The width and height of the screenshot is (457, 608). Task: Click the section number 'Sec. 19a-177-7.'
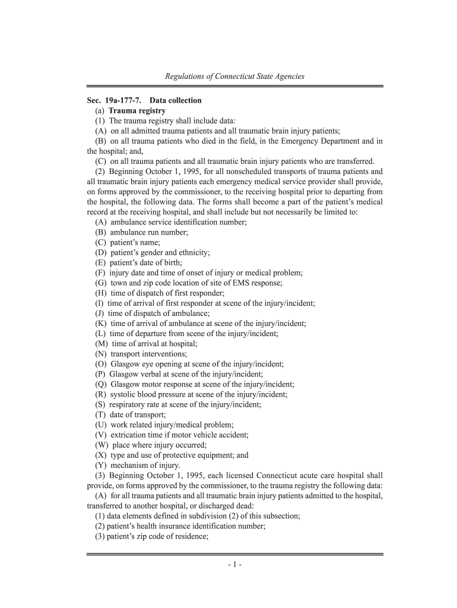[113, 100]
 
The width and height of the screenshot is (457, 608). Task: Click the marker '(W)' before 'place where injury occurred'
[102, 445]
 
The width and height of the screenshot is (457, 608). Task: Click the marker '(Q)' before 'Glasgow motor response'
[101, 384]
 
